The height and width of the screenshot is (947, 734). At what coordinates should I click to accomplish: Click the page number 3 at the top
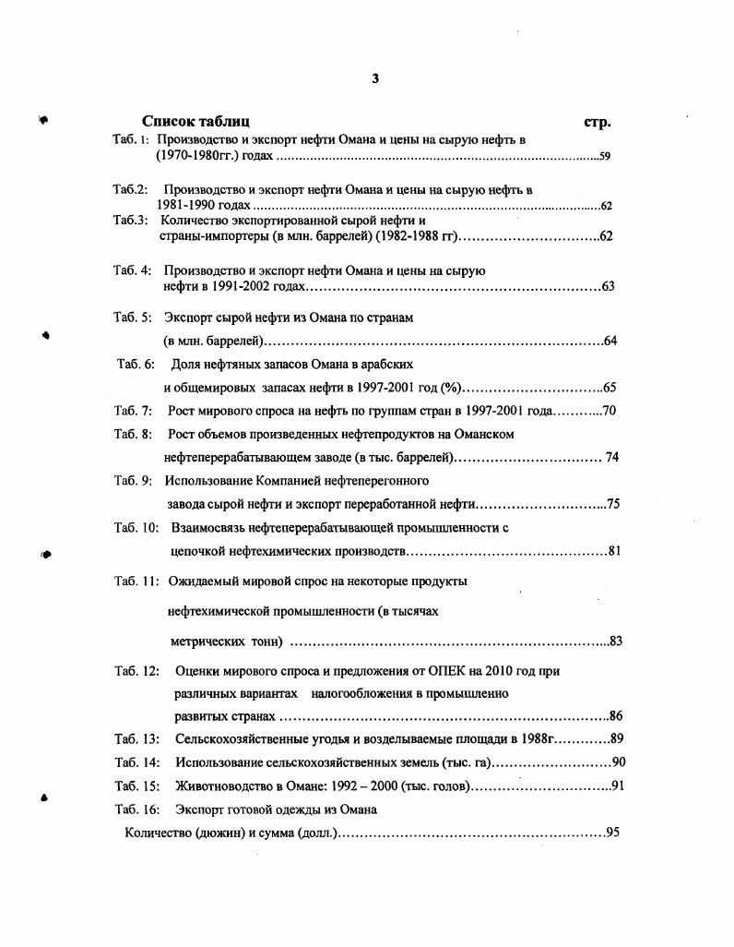(375, 78)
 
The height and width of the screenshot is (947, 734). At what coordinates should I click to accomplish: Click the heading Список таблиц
(195, 121)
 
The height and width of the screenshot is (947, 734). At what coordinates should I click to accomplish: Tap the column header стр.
(598, 122)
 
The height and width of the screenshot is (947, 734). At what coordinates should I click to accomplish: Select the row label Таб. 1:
(131, 139)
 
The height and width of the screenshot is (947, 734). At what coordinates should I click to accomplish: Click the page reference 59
(605, 156)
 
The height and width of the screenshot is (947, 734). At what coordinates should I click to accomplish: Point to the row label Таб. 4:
(132, 270)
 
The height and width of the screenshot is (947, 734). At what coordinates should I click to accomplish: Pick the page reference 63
(608, 287)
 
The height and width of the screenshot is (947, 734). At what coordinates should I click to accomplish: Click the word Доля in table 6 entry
(186, 364)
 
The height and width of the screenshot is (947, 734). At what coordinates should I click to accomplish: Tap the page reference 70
(609, 410)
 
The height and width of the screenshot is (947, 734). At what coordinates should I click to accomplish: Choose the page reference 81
(614, 551)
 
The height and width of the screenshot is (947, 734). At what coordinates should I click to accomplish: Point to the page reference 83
(617, 641)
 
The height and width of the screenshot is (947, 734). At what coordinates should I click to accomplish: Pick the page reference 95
(612, 833)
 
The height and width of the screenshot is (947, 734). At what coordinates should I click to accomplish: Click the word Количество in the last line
(158, 833)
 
